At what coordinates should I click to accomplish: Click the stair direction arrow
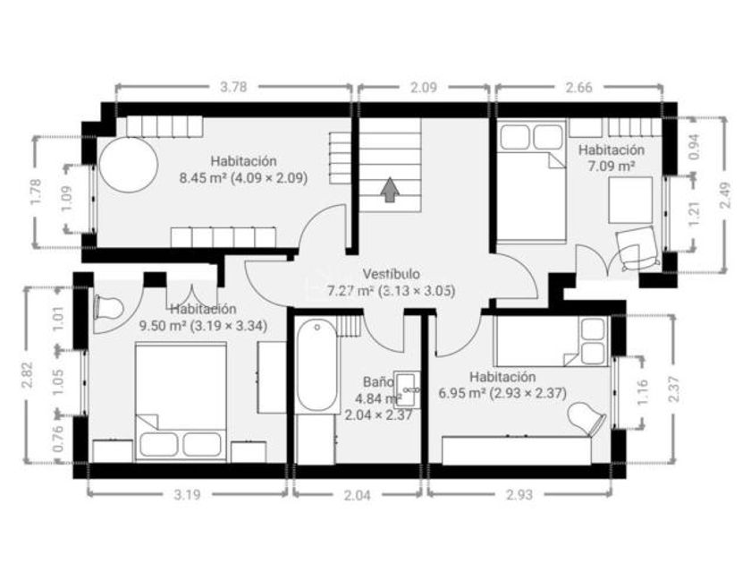[x=391, y=190]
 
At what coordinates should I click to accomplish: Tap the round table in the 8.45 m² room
[x=129, y=165]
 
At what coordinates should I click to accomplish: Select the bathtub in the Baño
[x=317, y=365]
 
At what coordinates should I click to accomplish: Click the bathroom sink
[x=407, y=389]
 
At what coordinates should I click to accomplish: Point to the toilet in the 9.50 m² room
[x=109, y=307]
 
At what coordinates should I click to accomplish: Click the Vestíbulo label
[x=392, y=274]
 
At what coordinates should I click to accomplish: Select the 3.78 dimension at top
[x=233, y=87]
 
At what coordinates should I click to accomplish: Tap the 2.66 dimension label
[x=579, y=88]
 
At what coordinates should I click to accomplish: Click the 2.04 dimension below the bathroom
[x=358, y=495]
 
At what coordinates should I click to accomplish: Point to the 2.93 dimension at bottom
[x=519, y=495]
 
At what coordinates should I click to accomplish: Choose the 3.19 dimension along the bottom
[x=187, y=495]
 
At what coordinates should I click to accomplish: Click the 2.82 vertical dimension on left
[x=27, y=374]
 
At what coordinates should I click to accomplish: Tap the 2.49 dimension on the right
[x=726, y=195]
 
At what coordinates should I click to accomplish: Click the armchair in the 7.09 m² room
[x=636, y=249]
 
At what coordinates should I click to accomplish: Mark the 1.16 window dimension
[x=643, y=391]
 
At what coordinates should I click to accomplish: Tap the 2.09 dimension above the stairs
[x=424, y=88]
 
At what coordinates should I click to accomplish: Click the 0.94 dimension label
[x=694, y=146]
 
